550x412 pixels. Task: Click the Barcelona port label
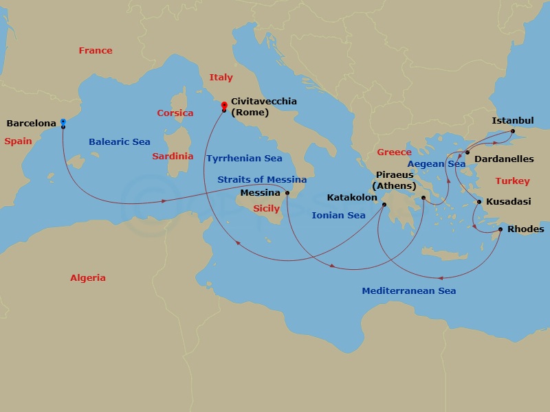pyautogui.click(x=31, y=124)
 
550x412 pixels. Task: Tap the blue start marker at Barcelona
pyautogui.click(x=63, y=122)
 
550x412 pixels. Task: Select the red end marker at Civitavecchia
pyautogui.click(x=224, y=106)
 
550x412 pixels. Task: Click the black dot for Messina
pyautogui.click(x=287, y=193)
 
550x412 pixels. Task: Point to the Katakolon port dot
pyautogui.click(x=384, y=203)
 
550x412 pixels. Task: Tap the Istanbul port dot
pyautogui.click(x=512, y=130)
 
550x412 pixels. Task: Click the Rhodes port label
pyautogui.click(x=525, y=229)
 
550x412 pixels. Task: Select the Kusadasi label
pyautogui.click(x=508, y=203)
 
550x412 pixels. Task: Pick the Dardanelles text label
pyautogui.click(x=504, y=159)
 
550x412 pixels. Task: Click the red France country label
pyautogui.click(x=96, y=51)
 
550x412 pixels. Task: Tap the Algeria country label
pyautogui.click(x=88, y=278)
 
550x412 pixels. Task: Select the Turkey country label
pyautogui.click(x=513, y=181)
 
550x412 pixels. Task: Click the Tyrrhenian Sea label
pyautogui.click(x=244, y=159)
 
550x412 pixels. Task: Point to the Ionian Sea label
pyautogui.click(x=338, y=216)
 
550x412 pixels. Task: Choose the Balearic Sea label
pyautogui.click(x=120, y=142)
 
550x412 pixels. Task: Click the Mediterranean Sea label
pyautogui.click(x=408, y=291)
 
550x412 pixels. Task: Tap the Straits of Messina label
pyautogui.click(x=262, y=179)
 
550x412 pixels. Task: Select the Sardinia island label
pyautogui.click(x=173, y=156)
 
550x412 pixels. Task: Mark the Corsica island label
pyautogui.click(x=175, y=113)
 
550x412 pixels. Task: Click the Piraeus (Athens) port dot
pyautogui.click(x=423, y=198)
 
